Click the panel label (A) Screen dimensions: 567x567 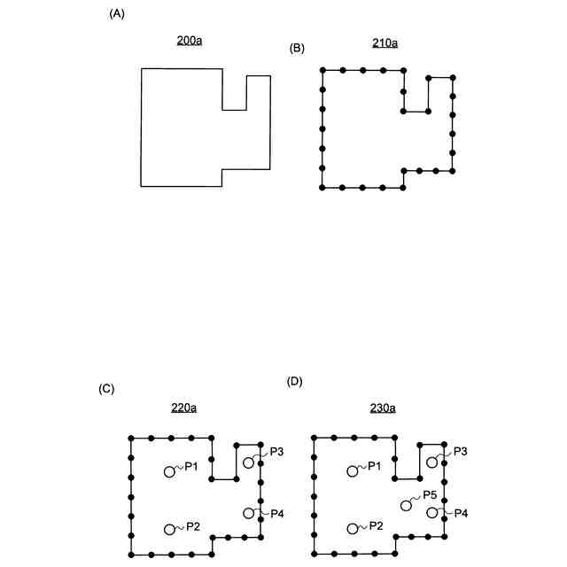click(114, 14)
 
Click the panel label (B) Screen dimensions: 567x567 click(298, 48)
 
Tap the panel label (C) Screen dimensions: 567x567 click(107, 389)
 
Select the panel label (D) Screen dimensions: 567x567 click(296, 382)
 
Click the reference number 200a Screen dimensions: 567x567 click(189, 41)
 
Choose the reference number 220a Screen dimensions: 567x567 click(183, 408)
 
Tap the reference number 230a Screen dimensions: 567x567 click(383, 408)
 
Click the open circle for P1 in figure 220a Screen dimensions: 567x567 click(169, 471)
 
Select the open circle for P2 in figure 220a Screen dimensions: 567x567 click(169, 529)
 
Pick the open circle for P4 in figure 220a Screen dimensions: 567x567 click(249, 513)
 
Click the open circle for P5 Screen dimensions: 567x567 click(406, 504)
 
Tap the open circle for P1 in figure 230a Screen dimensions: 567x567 click(352, 471)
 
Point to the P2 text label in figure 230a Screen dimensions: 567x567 click(376, 526)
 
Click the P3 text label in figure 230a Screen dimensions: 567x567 click(461, 452)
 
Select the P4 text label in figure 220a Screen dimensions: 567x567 click(276, 513)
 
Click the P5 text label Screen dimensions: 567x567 click(431, 494)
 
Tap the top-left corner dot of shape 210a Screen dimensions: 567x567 click(322, 69)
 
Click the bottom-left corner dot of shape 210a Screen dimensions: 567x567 click(322, 188)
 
